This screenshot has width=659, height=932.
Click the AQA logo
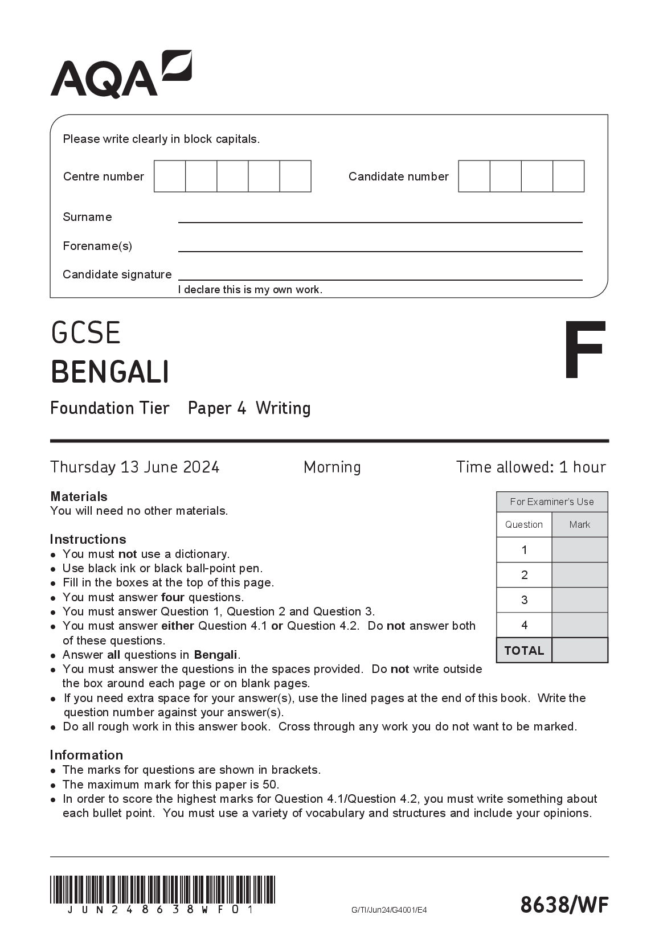coord(121,75)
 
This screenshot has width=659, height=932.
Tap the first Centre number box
coord(170,176)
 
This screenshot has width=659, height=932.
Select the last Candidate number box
coord(568,176)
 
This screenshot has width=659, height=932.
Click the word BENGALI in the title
coord(110,372)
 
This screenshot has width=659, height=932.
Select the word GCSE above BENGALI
coord(85,333)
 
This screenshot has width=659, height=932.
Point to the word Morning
coord(332,467)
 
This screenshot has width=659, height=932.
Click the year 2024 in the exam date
coord(201,467)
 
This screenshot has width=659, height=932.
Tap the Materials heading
coord(79,496)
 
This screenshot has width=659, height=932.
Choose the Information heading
coord(86,755)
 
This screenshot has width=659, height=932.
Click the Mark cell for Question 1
coord(579,550)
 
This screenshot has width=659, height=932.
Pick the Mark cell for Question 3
coord(579,600)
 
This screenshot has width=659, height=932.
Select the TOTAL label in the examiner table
coord(524,650)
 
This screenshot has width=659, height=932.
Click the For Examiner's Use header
coord(551,502)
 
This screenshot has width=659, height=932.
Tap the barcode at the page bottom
coord(162,889)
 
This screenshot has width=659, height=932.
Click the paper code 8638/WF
coord(564,904)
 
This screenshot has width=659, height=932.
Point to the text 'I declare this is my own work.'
coord(250,290)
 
